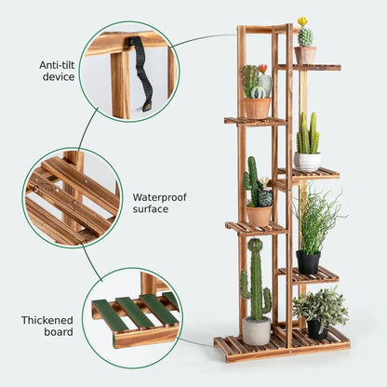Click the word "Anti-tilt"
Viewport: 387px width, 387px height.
(x=58, y=65)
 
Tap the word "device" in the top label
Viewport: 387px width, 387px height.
(x=58, y=77)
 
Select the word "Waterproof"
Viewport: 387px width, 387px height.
(x=160, y=197)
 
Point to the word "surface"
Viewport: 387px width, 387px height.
(x=151, y=209)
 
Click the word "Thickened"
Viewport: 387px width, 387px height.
(x=47, y=320)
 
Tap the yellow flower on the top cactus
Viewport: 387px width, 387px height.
(x=302, y=21)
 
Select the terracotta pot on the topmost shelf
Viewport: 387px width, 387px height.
(x=305, y=55)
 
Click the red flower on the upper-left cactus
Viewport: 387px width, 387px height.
(x=262, y=68)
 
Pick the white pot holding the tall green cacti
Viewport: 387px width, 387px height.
(x=307, y=161)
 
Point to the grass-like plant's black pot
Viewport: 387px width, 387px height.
(x=308, y=261)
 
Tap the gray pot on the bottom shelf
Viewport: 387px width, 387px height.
(x=257, y=330)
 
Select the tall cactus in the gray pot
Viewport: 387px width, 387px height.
(x=256, y=279)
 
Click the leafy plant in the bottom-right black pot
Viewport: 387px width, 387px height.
(x=321, y=304)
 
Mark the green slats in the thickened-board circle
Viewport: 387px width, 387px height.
(x=136, y=311)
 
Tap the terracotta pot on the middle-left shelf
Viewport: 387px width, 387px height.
(x=259, y=215)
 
